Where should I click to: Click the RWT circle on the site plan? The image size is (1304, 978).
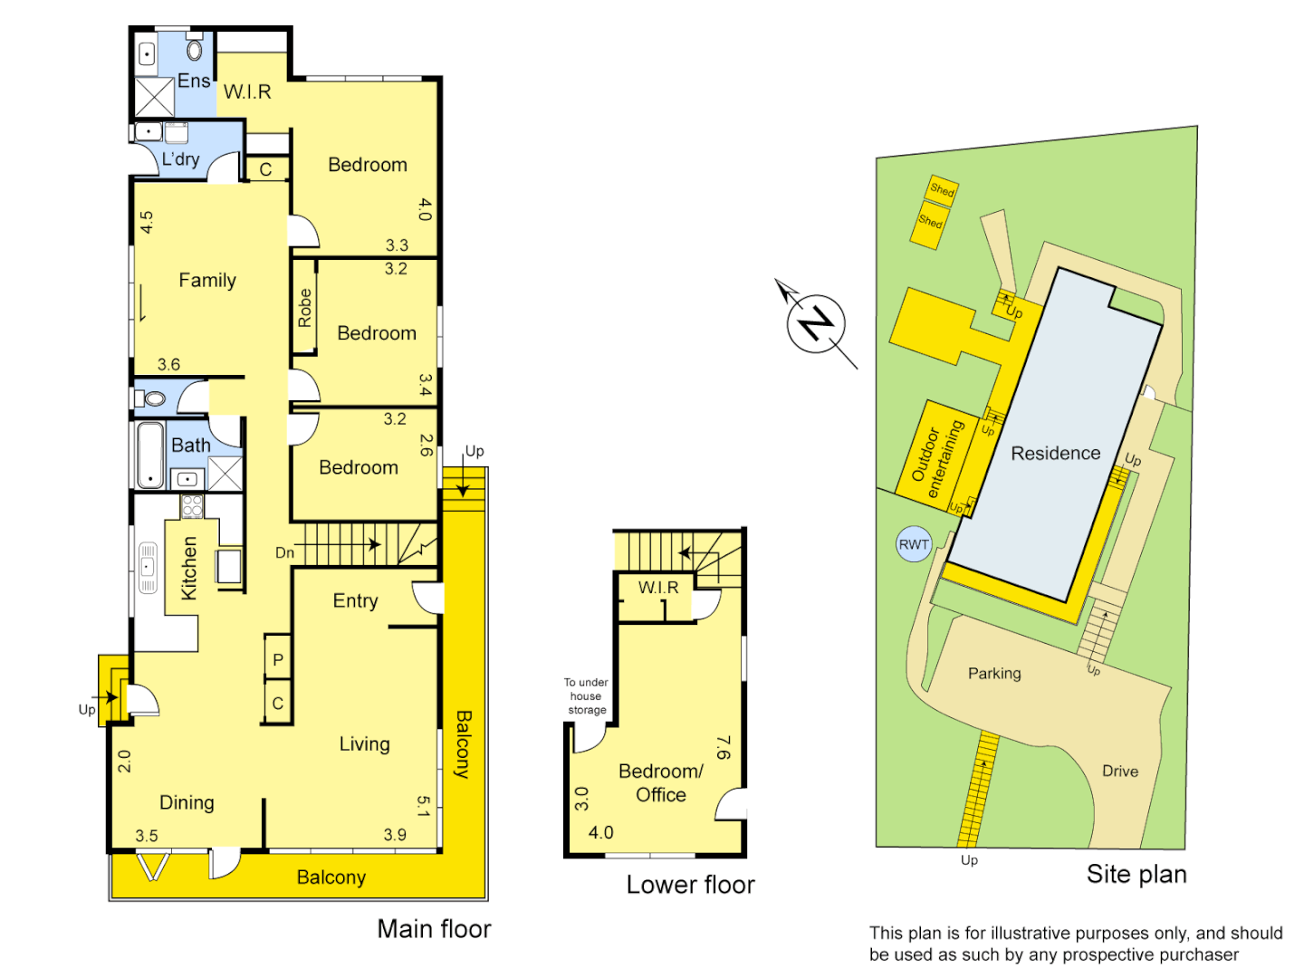click(x=914, y=544)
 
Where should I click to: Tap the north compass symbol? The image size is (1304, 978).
click(x=816, y=323)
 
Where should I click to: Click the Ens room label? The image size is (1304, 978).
click(x=194, y=81)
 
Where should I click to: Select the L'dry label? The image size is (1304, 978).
click(x=180, y=159)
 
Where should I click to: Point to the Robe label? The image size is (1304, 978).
click(x=304, y=308)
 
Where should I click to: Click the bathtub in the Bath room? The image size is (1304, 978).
click(x=150, y=455)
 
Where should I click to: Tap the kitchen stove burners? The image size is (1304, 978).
click(x=192, y=506)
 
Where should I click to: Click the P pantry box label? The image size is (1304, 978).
click(x=278, y=660)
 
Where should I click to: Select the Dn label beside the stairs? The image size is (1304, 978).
click(x=284, y=552)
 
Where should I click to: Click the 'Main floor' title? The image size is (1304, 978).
click(x=434, y=929)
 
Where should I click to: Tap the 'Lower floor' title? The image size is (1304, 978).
click(x=690, y=885)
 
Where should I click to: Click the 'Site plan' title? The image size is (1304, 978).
click(x=1136, y=874)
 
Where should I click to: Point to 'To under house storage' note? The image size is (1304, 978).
click(x=586, y=696)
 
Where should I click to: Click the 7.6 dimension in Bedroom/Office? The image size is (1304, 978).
click(x=723, y=747)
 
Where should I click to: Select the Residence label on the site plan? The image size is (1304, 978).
click(x=1055, y=453)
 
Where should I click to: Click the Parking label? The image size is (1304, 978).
click(x=994, y=673)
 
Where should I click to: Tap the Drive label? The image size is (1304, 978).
click(x=1120, y=771)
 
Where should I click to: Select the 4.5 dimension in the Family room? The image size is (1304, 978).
click(x=147, y=222)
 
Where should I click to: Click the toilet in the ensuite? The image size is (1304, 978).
click(x=195, y=49)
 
